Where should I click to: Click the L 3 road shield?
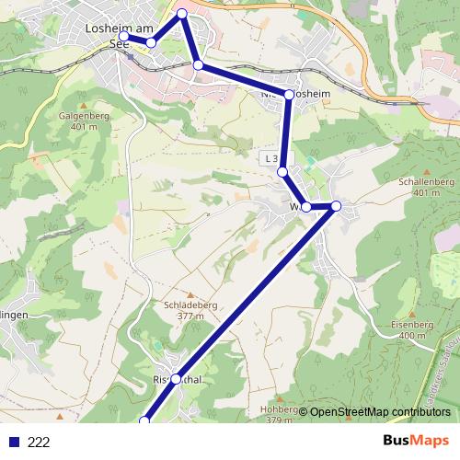270,158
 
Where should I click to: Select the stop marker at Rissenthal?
176,379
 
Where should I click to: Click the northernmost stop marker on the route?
182,13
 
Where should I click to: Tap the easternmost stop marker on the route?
336,206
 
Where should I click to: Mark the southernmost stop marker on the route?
144,421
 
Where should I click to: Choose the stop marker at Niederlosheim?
289,95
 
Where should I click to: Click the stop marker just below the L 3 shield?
283,172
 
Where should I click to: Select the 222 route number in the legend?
39,443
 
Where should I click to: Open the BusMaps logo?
417,442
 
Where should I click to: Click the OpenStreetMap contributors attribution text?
380,412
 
